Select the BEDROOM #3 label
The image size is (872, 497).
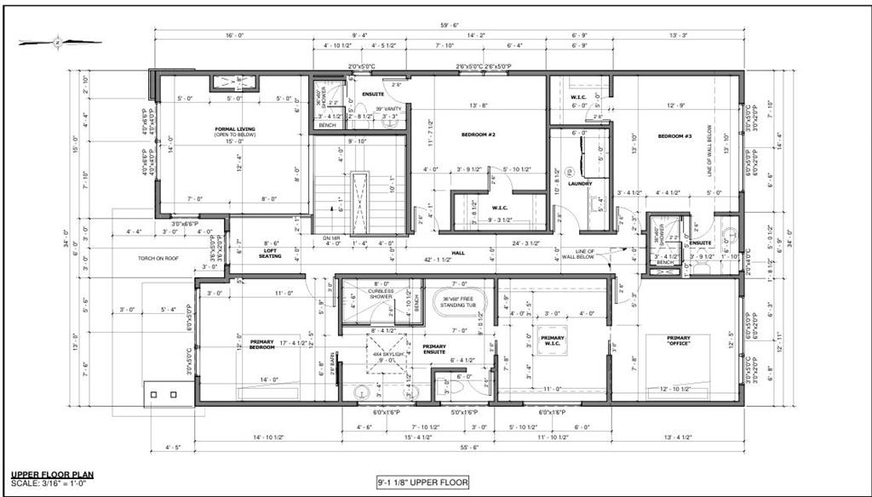[x=674, y=136]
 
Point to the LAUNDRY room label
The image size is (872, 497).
[x=582, y=181]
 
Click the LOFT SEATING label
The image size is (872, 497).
[x=271, y=253]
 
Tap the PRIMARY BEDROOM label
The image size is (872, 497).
[x=261, y=345]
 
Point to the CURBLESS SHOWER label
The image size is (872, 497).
[x=381, y=294]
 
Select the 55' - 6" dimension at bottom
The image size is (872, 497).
[x=465, y=447]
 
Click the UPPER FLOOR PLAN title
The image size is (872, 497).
[x=52, y=475]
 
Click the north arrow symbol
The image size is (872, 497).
[x=59, y=40]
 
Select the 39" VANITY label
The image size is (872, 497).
[x=388, y=108]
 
